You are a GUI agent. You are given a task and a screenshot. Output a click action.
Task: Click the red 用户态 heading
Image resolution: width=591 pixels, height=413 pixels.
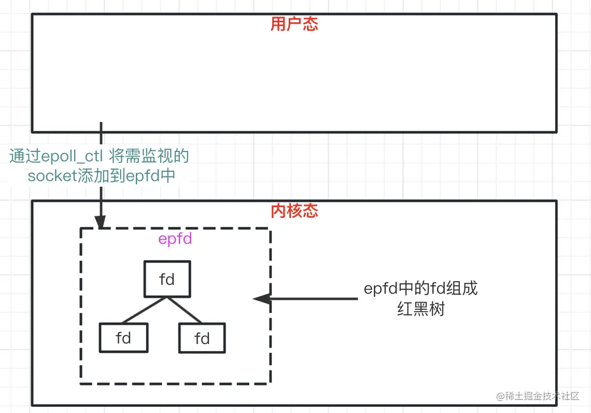pyautogui.click(x=294, y=24)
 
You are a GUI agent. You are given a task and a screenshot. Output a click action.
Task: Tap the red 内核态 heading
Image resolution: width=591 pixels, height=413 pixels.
pyautogui.click(x=294, y=211)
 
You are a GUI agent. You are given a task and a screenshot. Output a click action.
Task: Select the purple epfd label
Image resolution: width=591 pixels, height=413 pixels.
pyautogui.click(x=175, y=239)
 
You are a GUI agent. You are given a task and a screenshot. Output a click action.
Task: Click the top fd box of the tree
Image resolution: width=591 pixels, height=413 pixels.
pyautogui.click(x=167, y=279)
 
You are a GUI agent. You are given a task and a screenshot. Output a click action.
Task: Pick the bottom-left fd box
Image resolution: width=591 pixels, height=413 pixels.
pyautogui.click(x=123, y=338)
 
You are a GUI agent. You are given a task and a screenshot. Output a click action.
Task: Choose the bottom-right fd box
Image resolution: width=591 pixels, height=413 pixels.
pyautogui.click(x=202, y=338)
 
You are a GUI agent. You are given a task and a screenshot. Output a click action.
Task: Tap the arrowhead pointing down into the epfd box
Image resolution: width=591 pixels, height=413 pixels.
pyautogui.click(x=101, y=222)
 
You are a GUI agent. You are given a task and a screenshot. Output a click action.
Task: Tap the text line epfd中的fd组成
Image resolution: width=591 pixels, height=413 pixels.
pyautogui.click(x=420, y=288)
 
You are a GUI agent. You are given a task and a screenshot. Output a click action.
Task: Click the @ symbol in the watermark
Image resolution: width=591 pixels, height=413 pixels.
pyautogui.click(x=500, y=397)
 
